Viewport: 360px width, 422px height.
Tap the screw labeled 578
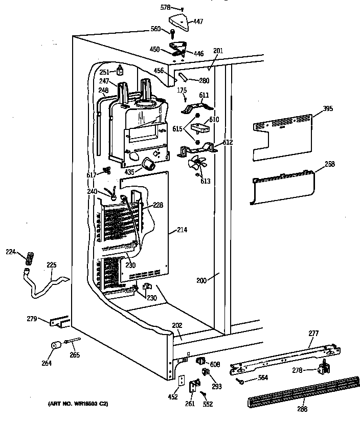(182, 9)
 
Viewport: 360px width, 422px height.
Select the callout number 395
(328, 109)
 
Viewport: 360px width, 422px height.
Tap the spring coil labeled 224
(29, 256)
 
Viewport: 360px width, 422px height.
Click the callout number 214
(182, 230)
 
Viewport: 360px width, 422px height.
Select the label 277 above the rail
(313, 333)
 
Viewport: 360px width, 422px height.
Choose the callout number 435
(129, 172)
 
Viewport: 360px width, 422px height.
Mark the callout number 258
(330, 164)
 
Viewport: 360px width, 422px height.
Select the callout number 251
(105, 72)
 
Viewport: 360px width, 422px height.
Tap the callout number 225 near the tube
(52, 265)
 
